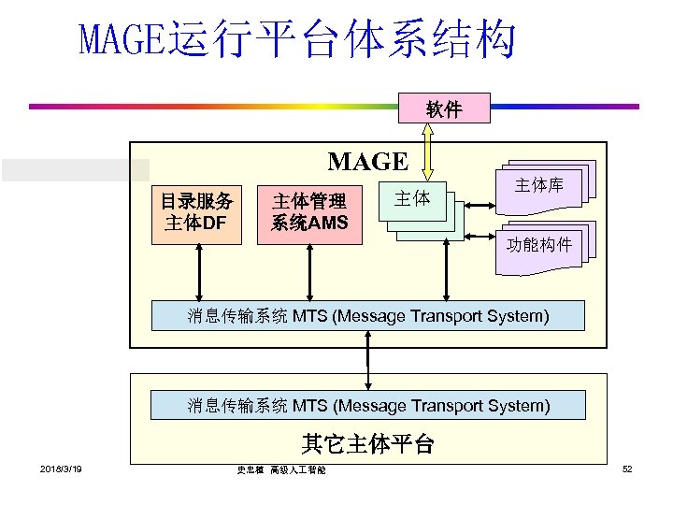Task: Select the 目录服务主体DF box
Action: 198,212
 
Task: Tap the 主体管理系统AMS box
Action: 309,212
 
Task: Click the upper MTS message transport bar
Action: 368,315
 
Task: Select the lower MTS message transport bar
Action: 368,405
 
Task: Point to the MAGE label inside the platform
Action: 367,162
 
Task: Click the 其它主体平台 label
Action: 367,442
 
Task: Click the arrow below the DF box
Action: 198,272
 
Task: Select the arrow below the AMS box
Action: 309,272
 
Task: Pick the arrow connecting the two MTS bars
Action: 369,360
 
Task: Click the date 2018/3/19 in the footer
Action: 60,469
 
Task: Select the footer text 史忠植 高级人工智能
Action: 280,470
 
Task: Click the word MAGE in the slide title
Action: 120,40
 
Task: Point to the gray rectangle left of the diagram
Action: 75,169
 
